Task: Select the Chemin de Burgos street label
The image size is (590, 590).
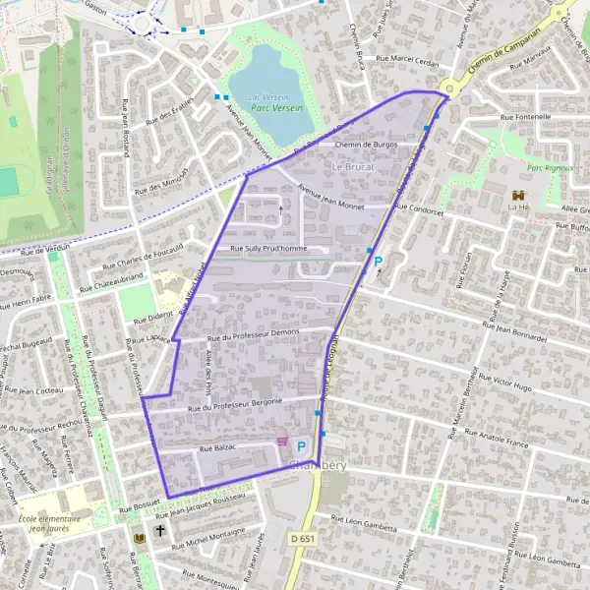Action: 366,145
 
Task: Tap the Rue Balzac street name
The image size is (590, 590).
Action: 219,448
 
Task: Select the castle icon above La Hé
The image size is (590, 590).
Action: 516,194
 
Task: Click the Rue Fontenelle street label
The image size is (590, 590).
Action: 526,117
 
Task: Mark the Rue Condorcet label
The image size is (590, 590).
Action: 422,207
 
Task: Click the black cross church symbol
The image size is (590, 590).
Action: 160,539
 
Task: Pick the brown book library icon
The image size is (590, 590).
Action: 138,539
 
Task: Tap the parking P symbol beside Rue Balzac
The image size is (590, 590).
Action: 301,445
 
